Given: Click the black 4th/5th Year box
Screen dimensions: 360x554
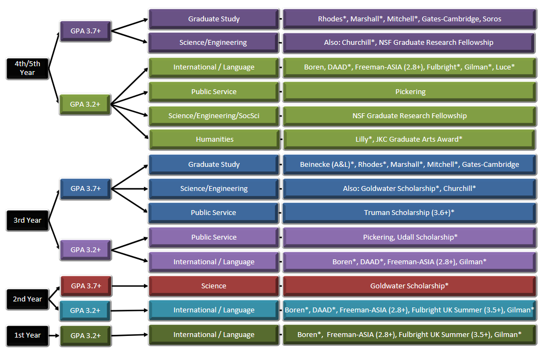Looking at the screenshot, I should tap(27, 68).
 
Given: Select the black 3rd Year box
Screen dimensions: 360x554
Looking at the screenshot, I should tap(27, 220).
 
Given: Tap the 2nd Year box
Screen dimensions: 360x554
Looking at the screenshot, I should tap(27, 299).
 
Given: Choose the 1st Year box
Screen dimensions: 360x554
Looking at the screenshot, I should tap(27, 335).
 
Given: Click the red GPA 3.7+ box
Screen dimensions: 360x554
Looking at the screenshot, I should tap(85, 286).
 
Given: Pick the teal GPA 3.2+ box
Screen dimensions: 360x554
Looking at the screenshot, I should tap(85, 310).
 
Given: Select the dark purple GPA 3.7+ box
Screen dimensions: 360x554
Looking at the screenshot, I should tap(85, 31).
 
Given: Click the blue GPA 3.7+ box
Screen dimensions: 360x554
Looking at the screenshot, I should tap(85, 189).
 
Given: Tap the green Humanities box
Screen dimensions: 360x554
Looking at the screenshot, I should tap(214, 140).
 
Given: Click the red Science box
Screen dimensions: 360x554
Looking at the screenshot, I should tap(214, 286).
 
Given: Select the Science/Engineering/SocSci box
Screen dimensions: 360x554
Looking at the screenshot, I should tap(214, 115).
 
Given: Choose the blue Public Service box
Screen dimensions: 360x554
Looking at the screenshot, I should tap(214, 213).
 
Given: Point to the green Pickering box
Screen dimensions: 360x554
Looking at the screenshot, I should tap(409, 92).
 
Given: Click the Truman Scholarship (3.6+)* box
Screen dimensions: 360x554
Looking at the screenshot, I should tap(409, 213).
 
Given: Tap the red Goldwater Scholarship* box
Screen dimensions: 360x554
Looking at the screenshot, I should tap(409, 286).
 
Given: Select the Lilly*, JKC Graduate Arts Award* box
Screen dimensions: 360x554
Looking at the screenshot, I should tap(409, 140).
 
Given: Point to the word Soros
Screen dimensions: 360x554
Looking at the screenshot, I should tap(492, 19).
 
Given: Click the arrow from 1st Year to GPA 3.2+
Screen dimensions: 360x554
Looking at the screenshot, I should tap(53, 335).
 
